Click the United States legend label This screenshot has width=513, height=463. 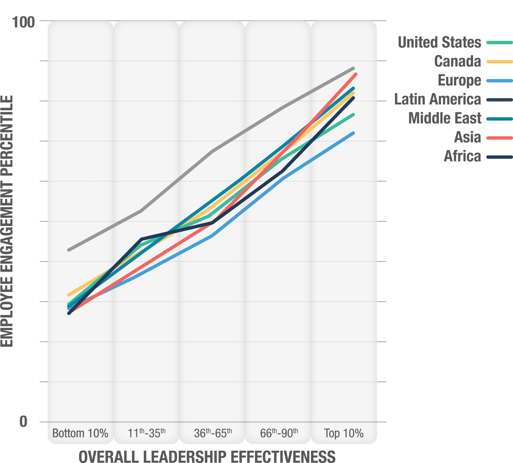(439, 42)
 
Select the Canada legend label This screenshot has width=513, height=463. (457, 61)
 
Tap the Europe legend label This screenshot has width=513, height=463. (459, 80)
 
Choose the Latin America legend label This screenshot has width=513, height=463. (437, 99)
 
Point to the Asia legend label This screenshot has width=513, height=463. (468, 137)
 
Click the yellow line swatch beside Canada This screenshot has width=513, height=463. (499, 62)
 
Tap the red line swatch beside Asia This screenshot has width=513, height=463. (499, 138)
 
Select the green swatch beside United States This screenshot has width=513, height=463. (499, 42)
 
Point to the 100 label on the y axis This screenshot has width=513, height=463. (23, 23)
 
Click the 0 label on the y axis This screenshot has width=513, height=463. (23, 422)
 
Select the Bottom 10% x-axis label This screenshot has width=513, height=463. (80, 433)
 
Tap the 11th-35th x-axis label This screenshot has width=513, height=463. (146, 433)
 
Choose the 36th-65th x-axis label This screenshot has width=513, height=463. (213, 433)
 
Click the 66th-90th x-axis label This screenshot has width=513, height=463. (279, 433)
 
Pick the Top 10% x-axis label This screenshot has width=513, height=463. (343, 433)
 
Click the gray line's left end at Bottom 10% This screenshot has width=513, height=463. (69, 250)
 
